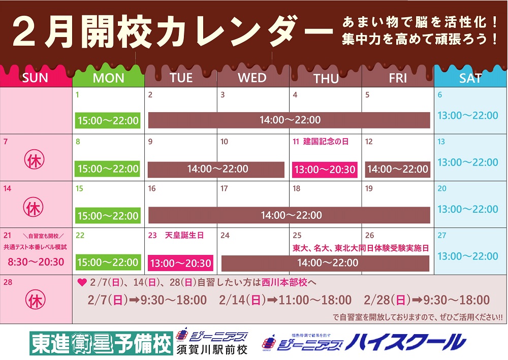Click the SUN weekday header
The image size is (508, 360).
coord(35,78)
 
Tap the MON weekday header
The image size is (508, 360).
coord(108,78)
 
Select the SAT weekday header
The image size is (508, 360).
coord(470,78)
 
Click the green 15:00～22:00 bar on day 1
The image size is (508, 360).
coord(108,120)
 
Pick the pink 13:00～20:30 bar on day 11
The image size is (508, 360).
coord(325,170)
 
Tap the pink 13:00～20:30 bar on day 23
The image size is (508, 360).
coord(180,263)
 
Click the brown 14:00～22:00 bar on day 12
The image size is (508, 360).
coord(398,169)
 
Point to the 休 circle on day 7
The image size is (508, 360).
coord(35,159)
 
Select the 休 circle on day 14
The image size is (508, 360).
coord(33,207)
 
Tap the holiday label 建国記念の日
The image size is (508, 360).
coord(326,142)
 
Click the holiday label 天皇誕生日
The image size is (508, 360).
coord(184,236)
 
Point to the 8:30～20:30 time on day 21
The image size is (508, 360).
coord(36,261)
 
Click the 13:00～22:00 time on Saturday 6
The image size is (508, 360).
coord(468,116)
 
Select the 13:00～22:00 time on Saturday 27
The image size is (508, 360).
coord(468,256)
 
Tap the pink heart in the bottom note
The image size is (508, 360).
coord(82,283)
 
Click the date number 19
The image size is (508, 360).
coord(369,188)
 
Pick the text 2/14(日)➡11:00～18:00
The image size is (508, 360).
coord(285,300)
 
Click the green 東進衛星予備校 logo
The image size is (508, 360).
coord(101,343)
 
